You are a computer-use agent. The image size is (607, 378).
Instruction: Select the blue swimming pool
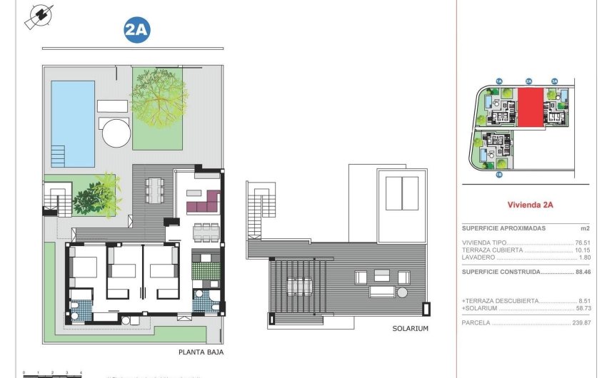point(73,123)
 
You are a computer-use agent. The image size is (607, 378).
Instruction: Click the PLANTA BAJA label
point(199,352)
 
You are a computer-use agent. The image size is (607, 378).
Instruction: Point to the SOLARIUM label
point(410,329)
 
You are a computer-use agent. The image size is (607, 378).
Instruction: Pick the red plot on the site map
point(530,108)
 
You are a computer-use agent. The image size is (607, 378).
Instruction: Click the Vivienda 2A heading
point(530,205)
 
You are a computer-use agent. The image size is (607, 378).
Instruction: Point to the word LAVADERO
point(478,257)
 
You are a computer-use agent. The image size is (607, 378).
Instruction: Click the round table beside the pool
point(115,132)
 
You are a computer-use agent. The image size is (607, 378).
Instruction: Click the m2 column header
point(585,228)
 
